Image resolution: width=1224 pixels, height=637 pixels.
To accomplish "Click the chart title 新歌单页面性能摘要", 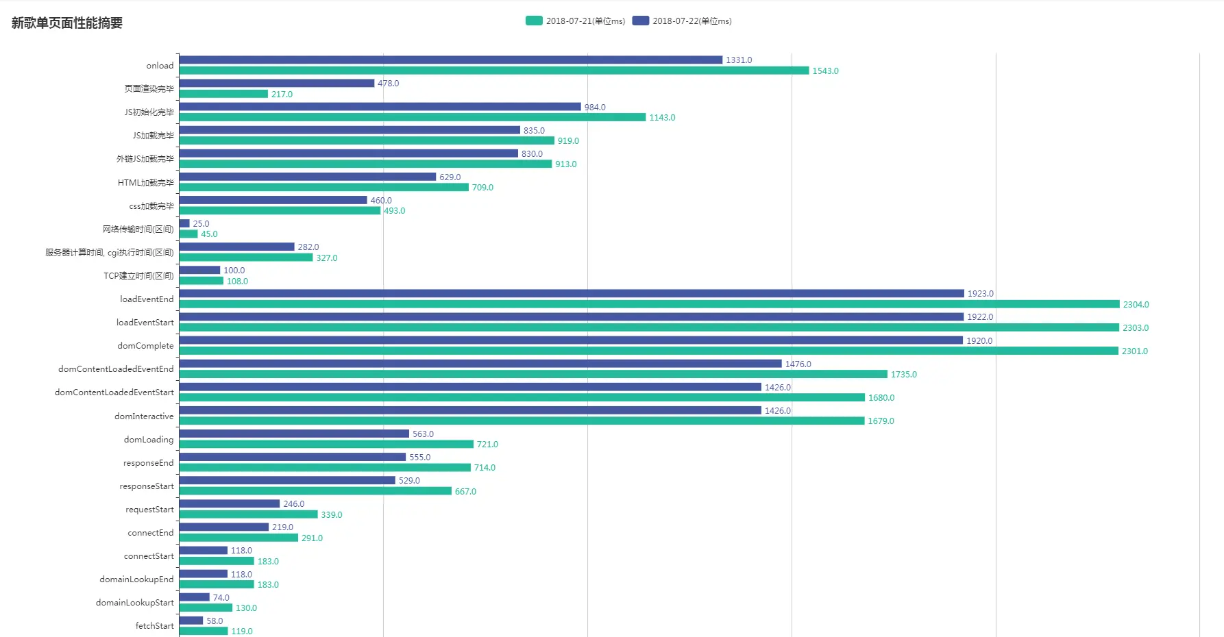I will click(67, 23).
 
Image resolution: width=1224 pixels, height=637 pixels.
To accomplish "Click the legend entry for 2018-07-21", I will click(576, 21).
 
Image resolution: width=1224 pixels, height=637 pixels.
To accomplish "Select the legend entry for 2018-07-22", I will click(683, 21).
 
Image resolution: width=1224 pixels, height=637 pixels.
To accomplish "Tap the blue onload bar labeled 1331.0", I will click(450, 60).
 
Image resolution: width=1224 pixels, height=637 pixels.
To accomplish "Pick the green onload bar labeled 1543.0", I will click(493, 71).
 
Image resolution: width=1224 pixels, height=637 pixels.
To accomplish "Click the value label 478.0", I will click(388, 84).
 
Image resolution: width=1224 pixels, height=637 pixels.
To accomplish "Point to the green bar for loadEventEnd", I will click(649, 304).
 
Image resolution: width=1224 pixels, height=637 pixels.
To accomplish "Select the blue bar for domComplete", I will click(571, 340).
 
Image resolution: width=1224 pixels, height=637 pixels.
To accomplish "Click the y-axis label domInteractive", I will click(144, 416).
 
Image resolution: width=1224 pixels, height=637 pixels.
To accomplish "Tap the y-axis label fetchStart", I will click(154, 626).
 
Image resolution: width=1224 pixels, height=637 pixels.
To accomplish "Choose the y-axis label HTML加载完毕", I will click(145, 183).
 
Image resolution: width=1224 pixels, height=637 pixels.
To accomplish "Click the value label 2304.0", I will click(1136, 305).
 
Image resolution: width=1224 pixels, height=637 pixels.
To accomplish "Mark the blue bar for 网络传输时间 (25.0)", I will click(184, 223).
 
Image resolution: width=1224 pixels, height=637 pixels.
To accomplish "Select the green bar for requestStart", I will click(248, 514).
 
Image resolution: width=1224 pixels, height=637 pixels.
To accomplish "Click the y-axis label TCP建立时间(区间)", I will click(138, 276).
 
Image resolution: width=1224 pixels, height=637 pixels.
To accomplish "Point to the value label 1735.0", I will click(903, 375).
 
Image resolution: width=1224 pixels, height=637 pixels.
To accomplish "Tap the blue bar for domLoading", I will click(294, 434).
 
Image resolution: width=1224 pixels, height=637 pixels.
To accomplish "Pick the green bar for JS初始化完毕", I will click(412, 118).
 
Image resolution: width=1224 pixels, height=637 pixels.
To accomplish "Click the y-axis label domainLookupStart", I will click(134, 603).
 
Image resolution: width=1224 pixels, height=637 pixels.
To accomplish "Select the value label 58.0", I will click(215, 621).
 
